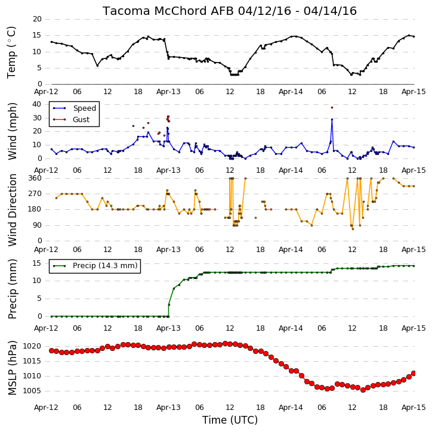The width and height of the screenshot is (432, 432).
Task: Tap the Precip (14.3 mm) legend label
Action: [105, 266]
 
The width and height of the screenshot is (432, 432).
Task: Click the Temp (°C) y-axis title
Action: [11, 52]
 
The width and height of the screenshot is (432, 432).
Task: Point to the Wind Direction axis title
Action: [13, 210]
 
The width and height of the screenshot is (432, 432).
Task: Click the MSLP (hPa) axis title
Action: [13, 368]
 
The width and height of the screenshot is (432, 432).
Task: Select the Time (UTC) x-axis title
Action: [230, 420]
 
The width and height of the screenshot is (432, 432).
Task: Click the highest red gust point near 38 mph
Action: [332, 108]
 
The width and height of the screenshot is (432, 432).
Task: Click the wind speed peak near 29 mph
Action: [332, 120]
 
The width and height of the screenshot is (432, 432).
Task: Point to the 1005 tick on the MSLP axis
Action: [32, 391]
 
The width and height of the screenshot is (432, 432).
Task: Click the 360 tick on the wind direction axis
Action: [35, 178]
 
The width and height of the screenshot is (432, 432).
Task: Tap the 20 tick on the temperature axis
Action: [37, 19]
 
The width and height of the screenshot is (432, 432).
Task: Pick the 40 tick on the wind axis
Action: [36, 104]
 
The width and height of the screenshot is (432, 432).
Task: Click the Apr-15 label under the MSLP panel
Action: [414, 408]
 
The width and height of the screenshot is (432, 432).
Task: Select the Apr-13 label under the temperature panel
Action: [168, 92]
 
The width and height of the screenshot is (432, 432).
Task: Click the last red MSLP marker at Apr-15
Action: [414, 374]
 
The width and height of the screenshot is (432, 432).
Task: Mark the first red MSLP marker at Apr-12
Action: [51, 351]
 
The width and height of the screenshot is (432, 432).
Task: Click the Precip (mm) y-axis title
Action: [13, 289]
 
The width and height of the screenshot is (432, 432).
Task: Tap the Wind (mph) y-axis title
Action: [13, 131]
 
